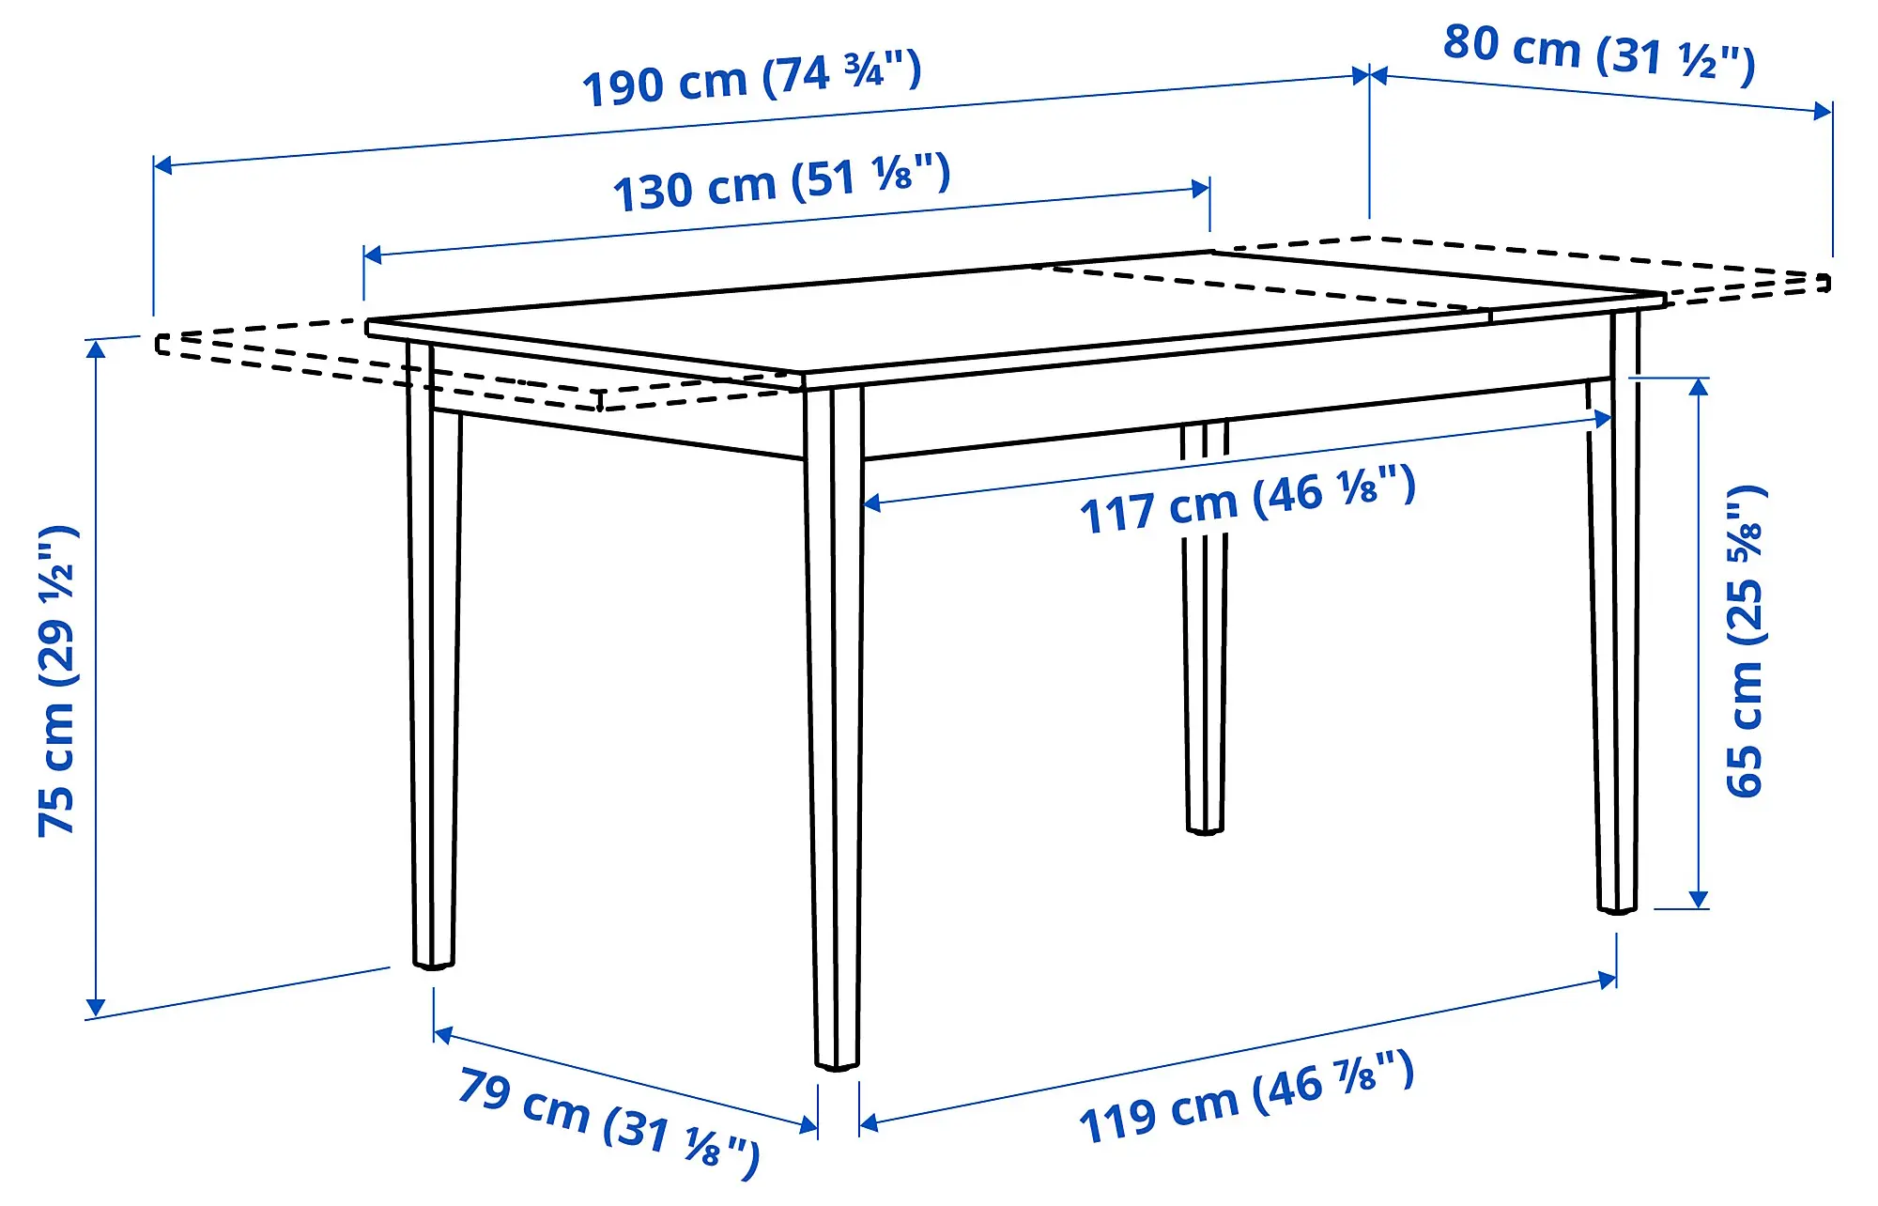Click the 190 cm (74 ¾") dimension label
click(751, 79)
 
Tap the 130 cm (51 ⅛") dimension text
click(781, 182)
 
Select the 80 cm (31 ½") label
click(1598, 52)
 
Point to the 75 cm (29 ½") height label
click(56, 680)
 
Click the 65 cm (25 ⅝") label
click(1745, 642)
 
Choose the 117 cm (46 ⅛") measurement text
click(1247, 500)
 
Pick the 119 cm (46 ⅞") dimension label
click(1246, 1097)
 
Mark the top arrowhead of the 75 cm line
click(96, 349)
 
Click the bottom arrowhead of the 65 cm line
click(1698, 899)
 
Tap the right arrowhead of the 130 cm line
click(1200, 189)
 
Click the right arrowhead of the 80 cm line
click(1822, 111)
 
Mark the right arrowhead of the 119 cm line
click(1607, 981)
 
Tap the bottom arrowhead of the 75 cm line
click(96, 1008)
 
